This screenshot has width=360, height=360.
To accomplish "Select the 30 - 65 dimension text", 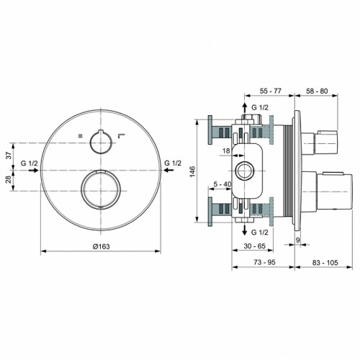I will click(251, 246).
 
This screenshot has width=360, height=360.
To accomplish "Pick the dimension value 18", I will click(226, 150).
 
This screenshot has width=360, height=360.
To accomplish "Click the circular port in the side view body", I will click(244, 171).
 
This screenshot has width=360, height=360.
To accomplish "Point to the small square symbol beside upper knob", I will click(80, 136).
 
